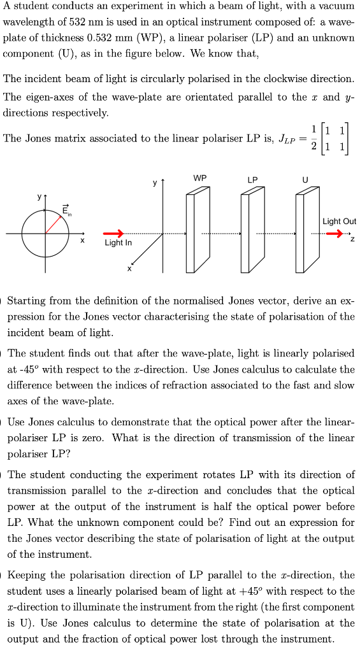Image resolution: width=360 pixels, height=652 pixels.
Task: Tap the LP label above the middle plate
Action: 253,180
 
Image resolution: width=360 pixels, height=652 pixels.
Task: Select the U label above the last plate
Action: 305,180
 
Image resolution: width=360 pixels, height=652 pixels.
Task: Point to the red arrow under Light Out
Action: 334,234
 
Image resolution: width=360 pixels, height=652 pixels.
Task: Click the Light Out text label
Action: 339,222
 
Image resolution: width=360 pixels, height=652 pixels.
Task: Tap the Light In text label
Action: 118,243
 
